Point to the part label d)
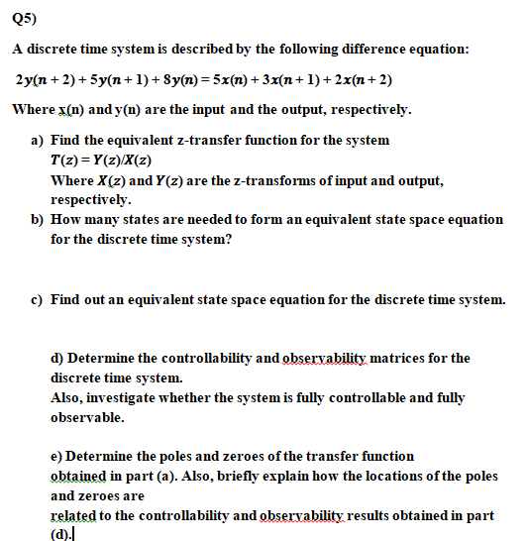click(x=56, y=358)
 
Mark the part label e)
click(x=56, y=456)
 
